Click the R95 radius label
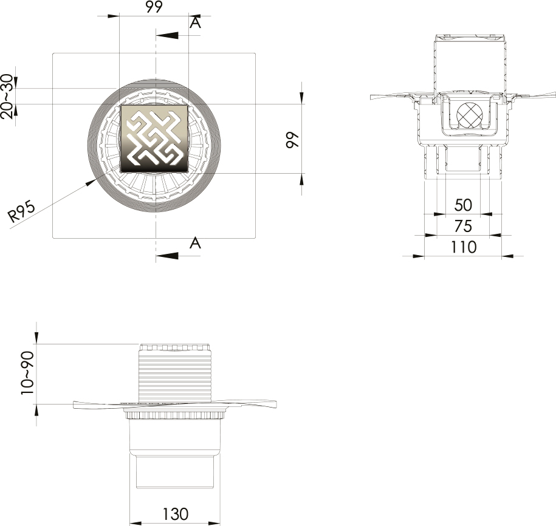click(x=22, y=211)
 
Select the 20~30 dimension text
click(x=7, y=96)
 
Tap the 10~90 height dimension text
click(x=27, y=373)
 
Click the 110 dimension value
click(x=464, y=247)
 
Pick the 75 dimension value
click(x=463, y=227)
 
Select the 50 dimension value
click(x=463, y=205)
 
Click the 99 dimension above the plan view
click(x=154, y=7)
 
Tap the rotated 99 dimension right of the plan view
click(x=293, y=140)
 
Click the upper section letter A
click(x=196, y=22)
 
